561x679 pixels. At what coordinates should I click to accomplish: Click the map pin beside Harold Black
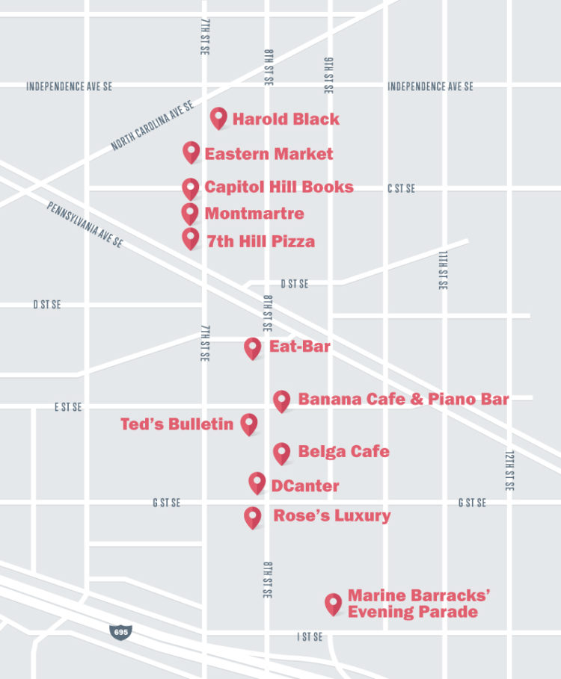coord(218,117)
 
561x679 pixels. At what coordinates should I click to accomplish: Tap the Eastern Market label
coord(269,154)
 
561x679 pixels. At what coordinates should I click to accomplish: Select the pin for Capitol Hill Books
coord(191,187)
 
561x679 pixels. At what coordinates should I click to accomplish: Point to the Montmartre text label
coord(254,214)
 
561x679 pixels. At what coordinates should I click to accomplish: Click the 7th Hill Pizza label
coord(260,241)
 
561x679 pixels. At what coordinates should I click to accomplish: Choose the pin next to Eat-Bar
coord(253,347)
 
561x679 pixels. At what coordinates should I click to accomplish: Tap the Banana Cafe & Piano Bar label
coord(403,399)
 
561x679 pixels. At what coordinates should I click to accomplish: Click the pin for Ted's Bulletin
coord(248,424)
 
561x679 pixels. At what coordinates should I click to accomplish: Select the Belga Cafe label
coord(343,451)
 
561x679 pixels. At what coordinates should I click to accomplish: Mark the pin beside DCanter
coord(257,482)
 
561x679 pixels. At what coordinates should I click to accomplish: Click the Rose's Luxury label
coord(331,515)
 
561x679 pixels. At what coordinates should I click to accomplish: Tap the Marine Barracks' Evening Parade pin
coord(333,604)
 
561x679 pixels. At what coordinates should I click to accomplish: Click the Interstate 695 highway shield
coord(120,631)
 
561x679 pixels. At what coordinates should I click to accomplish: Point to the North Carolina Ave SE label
coord(153,126)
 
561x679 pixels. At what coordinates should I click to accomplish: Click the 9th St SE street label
coord(328,75)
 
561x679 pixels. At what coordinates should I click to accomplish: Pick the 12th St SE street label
coord(509,471)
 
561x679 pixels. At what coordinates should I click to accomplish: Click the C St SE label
coord(401,189)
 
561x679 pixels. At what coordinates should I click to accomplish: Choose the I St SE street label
coord(310,636)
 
